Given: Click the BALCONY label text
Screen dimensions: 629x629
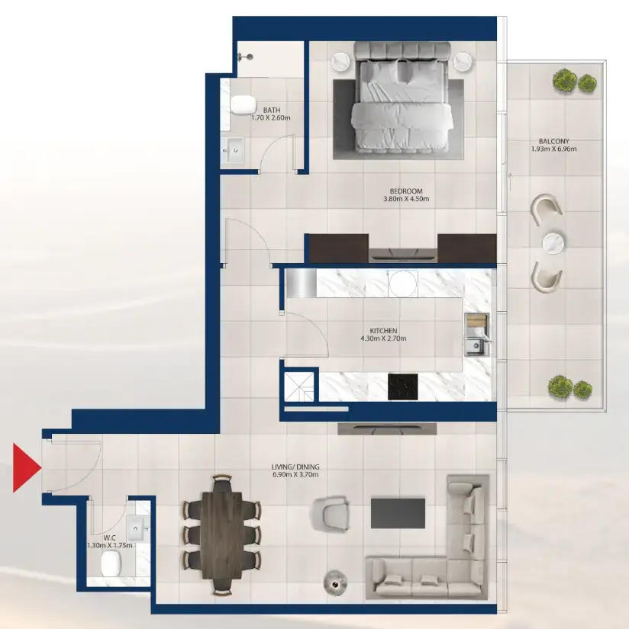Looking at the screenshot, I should tap(553, 141).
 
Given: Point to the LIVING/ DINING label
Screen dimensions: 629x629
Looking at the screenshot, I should tap(294, 467).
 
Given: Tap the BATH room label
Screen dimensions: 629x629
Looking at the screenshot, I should tap(271, 110).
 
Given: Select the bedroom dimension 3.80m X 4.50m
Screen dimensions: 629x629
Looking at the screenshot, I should tap(406, 200).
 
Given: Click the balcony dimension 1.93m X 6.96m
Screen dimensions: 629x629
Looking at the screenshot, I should tap(553, 149).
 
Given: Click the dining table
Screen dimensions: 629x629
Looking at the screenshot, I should tap(221, 533).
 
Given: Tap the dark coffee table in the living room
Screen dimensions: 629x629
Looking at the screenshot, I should tap(398, 512).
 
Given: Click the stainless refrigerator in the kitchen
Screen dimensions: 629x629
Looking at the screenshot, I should tap(302, 283).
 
